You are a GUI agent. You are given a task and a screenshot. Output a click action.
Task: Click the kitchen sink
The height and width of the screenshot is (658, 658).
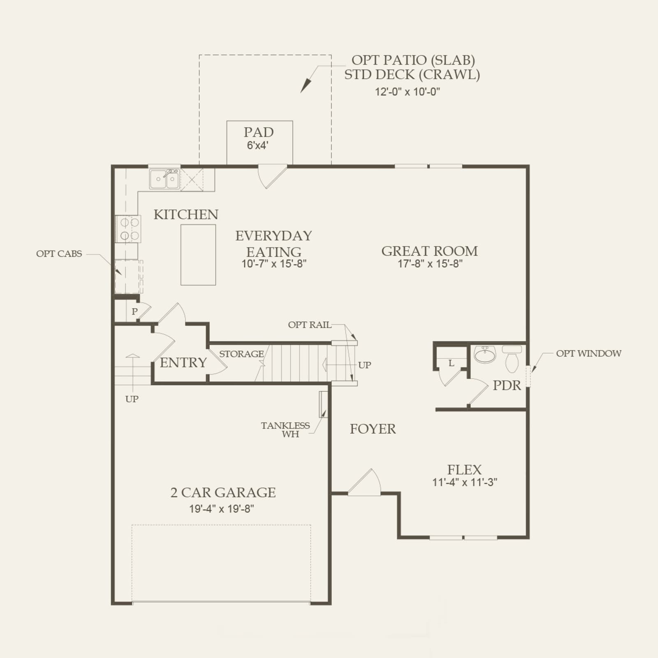pyautogui.click(x=164, y=179)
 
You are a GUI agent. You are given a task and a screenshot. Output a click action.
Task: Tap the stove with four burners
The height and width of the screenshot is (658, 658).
pyautogui.click(x=128, y=229)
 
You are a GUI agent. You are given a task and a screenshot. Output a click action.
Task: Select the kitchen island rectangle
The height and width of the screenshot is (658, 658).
pyautogui.click(x=198, y=255)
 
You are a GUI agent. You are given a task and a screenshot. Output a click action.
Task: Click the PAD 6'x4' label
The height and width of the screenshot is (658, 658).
pyautogui.click(x=259, y=138)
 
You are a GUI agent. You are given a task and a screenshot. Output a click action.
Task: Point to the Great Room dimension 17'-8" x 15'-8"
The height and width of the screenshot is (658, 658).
pyautogui.click(x=430, y=264)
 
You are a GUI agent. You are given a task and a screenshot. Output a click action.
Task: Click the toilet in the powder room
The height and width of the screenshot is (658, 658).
pyautogui.click(x=512, y=359)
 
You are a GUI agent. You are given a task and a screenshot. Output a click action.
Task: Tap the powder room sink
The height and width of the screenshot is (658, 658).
pyautogui.click(x=485, y=354)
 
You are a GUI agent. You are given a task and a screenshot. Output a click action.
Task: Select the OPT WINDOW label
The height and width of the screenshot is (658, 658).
pyautogui.click(x=588, y=353)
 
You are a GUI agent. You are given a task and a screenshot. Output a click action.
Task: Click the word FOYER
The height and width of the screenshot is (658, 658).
pyautogui.click(x=373, y=429)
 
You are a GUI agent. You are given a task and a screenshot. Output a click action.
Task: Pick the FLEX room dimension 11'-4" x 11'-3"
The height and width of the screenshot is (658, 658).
pyautogui.click(x=465, y=482)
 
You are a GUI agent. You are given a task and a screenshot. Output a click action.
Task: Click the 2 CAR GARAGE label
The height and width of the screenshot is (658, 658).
pyautogui.click(x=223, y=492)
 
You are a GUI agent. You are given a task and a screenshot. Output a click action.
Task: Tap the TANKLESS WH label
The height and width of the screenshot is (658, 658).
pyautogui.click(x=285, y=430)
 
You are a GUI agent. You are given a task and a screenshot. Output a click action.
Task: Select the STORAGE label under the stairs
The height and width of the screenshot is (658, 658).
pyautogui.click(x=241, y=354)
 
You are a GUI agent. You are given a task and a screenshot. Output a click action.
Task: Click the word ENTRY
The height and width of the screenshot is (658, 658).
pyautogui.click(x=183, y=362)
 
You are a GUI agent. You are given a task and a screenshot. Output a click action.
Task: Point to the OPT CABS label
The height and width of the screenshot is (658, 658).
pyautogui.click(x=59, y=254)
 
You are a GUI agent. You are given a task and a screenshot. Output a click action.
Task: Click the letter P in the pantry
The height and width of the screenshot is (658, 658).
pyautogui.click(x=134, y=312)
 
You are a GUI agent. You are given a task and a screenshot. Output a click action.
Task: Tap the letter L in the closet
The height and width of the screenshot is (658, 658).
pyautogui.click(x=451, y=363)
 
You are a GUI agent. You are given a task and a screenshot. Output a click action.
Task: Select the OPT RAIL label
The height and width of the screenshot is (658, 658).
pyautogui.click(x=310, y=324)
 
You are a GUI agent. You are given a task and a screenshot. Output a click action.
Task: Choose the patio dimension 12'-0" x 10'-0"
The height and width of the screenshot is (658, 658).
pyautogui.click(x=407, y=92)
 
